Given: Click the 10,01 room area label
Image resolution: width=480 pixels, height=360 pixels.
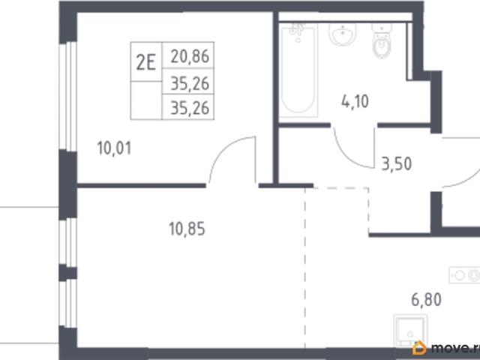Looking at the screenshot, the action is pyautogui.click(x=114, y=148).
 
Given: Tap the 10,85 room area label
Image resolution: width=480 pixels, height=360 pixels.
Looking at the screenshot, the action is pyautogui.click(x=187, y=229).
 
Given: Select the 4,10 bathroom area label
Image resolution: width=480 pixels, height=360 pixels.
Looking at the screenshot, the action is pyautogui.click(x=355, y=101).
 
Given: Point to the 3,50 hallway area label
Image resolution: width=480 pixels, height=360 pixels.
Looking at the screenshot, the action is pyautogui.click(x=397, y=163).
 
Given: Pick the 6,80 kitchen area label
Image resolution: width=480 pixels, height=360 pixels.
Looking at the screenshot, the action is pyautogui.click(x=426, y=299).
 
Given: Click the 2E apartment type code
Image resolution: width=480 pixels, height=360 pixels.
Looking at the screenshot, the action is pyautogui.click(x=146, y=62).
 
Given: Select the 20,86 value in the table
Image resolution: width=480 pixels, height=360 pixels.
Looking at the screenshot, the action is pyautogui.click(x=190, y=56).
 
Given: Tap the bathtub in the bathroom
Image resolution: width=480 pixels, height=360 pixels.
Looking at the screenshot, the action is pyautogui.click(x=298, y=71).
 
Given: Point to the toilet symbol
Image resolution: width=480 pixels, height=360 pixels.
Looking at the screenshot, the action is pyautogui.click(x=382, y=41).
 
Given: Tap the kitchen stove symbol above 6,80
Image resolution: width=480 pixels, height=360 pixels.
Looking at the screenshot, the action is pyautogui.click(x=464, y=275).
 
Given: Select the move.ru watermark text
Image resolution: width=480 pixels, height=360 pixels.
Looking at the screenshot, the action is pyautogui.click(x=455, y=348).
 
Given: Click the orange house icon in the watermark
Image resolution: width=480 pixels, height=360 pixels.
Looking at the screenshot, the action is pyautogui.click(x=419, y=348).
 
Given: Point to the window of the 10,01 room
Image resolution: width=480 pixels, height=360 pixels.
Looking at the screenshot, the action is pyautogui.click(x=67, y=97).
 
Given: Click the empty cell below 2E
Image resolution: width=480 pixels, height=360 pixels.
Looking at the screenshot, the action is pyautogui.click(x=146, y=100).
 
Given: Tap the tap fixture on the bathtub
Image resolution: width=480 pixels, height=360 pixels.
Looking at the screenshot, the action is pyautogui.click(x=297, y=31).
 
